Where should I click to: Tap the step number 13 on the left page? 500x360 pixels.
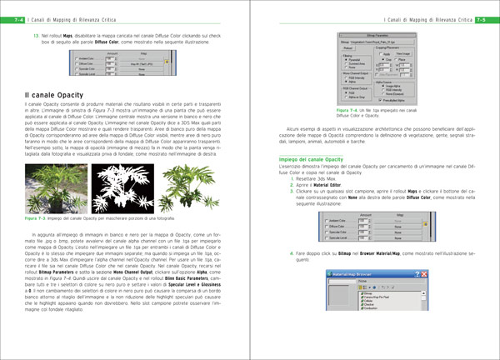[x=36, y=36]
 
